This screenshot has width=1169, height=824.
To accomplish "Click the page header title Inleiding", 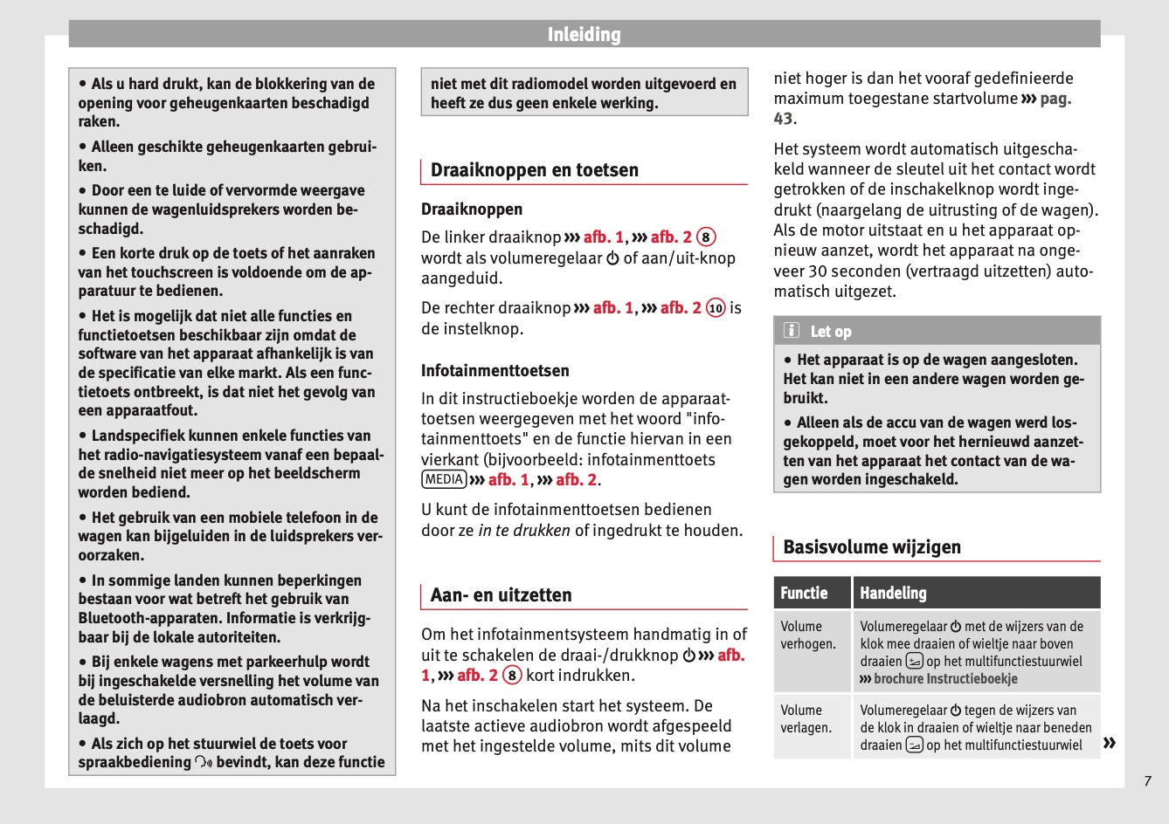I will point(584,35).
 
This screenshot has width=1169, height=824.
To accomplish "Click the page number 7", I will point(1148,781).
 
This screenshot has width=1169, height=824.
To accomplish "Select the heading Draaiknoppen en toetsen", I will point(534,170).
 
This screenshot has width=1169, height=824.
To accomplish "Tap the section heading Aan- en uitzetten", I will point(501,595).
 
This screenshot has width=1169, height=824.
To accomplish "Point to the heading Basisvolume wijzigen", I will point(871,547).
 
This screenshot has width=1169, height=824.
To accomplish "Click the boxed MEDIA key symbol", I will point(444,479).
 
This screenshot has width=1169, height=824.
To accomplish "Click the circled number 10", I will point(716,308).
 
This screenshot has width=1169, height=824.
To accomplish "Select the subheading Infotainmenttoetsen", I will point(495,371).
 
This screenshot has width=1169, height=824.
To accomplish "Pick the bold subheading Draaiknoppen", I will point(472,209).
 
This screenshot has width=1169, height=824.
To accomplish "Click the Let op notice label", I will point(830,332).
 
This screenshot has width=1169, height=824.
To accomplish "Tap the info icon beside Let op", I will point(792,331).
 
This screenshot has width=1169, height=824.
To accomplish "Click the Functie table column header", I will point(804,594).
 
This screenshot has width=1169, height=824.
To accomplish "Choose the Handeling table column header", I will point(893,594).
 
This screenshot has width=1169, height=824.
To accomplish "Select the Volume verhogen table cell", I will point(808,635).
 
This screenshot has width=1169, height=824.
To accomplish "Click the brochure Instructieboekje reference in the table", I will point(945,679).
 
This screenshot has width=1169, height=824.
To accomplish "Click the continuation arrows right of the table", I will point(1110,743).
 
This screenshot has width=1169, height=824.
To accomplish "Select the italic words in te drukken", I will point(524,531).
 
